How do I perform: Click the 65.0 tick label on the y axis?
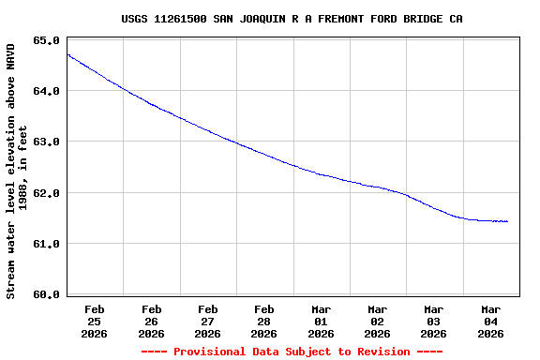pos(46,40)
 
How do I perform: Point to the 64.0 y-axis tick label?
pos(46,91)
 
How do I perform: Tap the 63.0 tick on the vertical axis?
pos(46,142)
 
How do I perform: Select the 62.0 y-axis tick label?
pos(46,193)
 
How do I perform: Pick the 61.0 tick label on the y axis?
pos(46,244)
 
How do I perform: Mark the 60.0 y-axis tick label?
pos(46,294)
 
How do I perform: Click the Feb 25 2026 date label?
pos(95,321)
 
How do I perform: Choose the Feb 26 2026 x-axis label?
pos(151,321)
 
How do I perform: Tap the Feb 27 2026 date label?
pos(207,321)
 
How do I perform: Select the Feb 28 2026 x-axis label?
pos(264,321)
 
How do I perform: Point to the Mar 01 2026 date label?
pos(321,321)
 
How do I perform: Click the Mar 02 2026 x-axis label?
pos(377,321)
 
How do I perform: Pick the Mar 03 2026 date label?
pos(434,321)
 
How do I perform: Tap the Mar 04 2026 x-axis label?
pos(490,321)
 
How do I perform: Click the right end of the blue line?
pos(507,221)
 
